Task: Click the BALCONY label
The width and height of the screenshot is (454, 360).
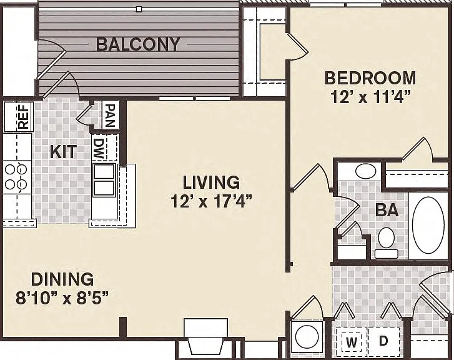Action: (138, 44)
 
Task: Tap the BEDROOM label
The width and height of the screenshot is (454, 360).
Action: (370, 78)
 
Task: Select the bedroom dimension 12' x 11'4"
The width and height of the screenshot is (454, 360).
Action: (371, 97)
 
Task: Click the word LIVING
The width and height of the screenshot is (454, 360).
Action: (211, 182)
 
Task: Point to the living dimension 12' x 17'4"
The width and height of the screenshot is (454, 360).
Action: (212, 201)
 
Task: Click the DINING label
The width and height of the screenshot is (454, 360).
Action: (62, 279)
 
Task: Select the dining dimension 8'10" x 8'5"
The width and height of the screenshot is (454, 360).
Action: (62, 298)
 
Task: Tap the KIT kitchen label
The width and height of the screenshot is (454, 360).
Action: (64, 152)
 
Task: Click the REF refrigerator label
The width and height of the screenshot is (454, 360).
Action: (24, 116)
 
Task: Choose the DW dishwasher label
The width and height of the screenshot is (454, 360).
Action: (99, 149)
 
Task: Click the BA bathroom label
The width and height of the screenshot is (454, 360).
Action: (387, 210)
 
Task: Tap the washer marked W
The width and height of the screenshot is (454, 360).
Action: (352, 342)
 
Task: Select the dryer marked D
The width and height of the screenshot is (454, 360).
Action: (383, 341)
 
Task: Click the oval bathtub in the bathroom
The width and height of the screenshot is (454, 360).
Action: (428, 226)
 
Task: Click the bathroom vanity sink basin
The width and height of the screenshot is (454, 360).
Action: (365, 172)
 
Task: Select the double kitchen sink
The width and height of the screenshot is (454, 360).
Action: (104, 180)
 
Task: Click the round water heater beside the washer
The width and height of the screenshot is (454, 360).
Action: (307, 336)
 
